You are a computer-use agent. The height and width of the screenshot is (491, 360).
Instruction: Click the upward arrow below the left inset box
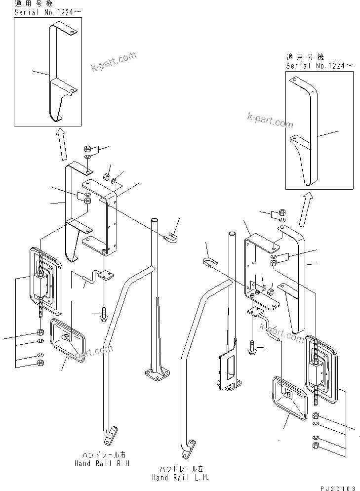(x=62, y=144)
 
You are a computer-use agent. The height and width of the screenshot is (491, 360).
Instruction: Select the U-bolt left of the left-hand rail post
(x=210, y=262)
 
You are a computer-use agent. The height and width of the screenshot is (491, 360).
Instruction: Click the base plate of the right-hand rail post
(x=157, y=376)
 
